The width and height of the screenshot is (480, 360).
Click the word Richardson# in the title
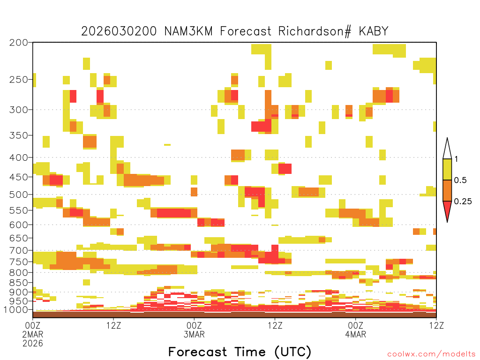(x=315, y=31)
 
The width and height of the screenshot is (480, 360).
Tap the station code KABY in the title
(x=374, y=31)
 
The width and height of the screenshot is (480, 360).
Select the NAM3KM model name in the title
(x=188, y=31)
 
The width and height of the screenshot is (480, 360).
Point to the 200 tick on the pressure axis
(x=19, y=43)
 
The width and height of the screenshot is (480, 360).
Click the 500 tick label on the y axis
(x=19, y=195)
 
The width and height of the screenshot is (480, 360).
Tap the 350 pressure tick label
(x=19, y=135)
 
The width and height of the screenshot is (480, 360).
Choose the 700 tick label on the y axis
(x=19, y=250)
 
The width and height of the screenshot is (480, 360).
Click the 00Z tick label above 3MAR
(x=194, y=325)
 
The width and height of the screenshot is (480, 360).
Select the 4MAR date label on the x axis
(x=355, y=334)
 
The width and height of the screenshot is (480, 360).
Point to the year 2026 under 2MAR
(x=33, y=344)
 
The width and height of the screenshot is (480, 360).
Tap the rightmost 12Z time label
(x=436, y=325)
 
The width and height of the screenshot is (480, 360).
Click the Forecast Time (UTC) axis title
(x=240, y=352)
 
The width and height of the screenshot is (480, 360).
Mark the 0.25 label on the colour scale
(x=463, y=202)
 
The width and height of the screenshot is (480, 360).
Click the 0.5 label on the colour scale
(x=460, y=180)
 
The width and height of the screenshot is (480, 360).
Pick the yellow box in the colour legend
(x=447, y=169)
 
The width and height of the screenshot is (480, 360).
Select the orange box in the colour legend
(x=447, y=190)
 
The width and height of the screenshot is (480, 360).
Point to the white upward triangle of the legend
(x=447, y=150)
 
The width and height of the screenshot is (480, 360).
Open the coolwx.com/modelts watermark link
(x=431, y=354)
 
